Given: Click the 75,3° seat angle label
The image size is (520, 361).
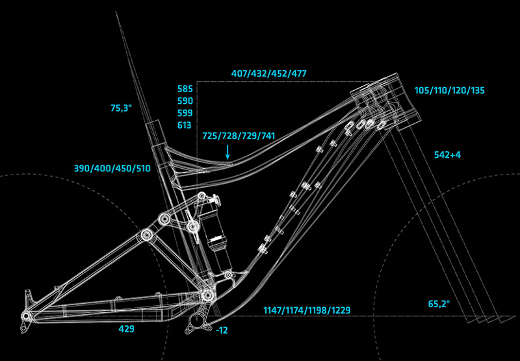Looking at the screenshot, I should [x=121, y=108].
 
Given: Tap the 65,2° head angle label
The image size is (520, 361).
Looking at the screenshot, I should [x=440, y=303].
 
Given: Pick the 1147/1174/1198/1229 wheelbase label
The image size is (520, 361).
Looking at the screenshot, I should [x=307, y=310].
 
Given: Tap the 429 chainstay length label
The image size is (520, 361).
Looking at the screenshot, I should [x=126, y=329].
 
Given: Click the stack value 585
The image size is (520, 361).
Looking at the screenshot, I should [x=185, y=88].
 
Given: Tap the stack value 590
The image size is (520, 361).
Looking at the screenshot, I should [x=185, y=101].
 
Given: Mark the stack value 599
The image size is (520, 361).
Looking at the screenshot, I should [x=185, y=113].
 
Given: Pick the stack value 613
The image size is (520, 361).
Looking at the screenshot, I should [x=185, y=125].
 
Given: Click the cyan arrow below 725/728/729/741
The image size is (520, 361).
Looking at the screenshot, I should [x=227, y=152].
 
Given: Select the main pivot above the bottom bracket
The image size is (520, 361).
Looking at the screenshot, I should [x=207, y=296].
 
